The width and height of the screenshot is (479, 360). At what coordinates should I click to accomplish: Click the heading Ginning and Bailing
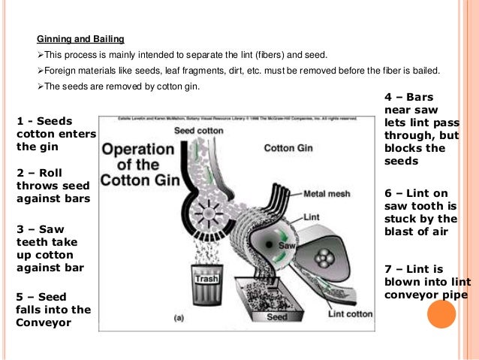click(81, 38)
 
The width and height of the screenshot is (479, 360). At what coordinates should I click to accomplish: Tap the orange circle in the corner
click(441, 313)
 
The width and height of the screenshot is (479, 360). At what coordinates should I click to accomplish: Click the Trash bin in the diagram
click(206, 279)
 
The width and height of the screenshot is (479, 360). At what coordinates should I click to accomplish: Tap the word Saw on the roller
click(285, 246)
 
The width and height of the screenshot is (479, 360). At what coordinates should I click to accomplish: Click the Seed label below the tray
click(276, 316)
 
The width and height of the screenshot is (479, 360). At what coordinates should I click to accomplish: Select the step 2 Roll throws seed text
click(53, 186)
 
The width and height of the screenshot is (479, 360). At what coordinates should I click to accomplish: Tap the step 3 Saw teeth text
click(50, 247)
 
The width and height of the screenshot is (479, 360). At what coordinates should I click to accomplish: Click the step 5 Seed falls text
click(53, 310)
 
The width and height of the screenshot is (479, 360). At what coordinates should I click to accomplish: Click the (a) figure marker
click(179, 318)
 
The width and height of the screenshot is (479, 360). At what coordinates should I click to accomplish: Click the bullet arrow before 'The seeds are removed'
click(41, 86)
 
